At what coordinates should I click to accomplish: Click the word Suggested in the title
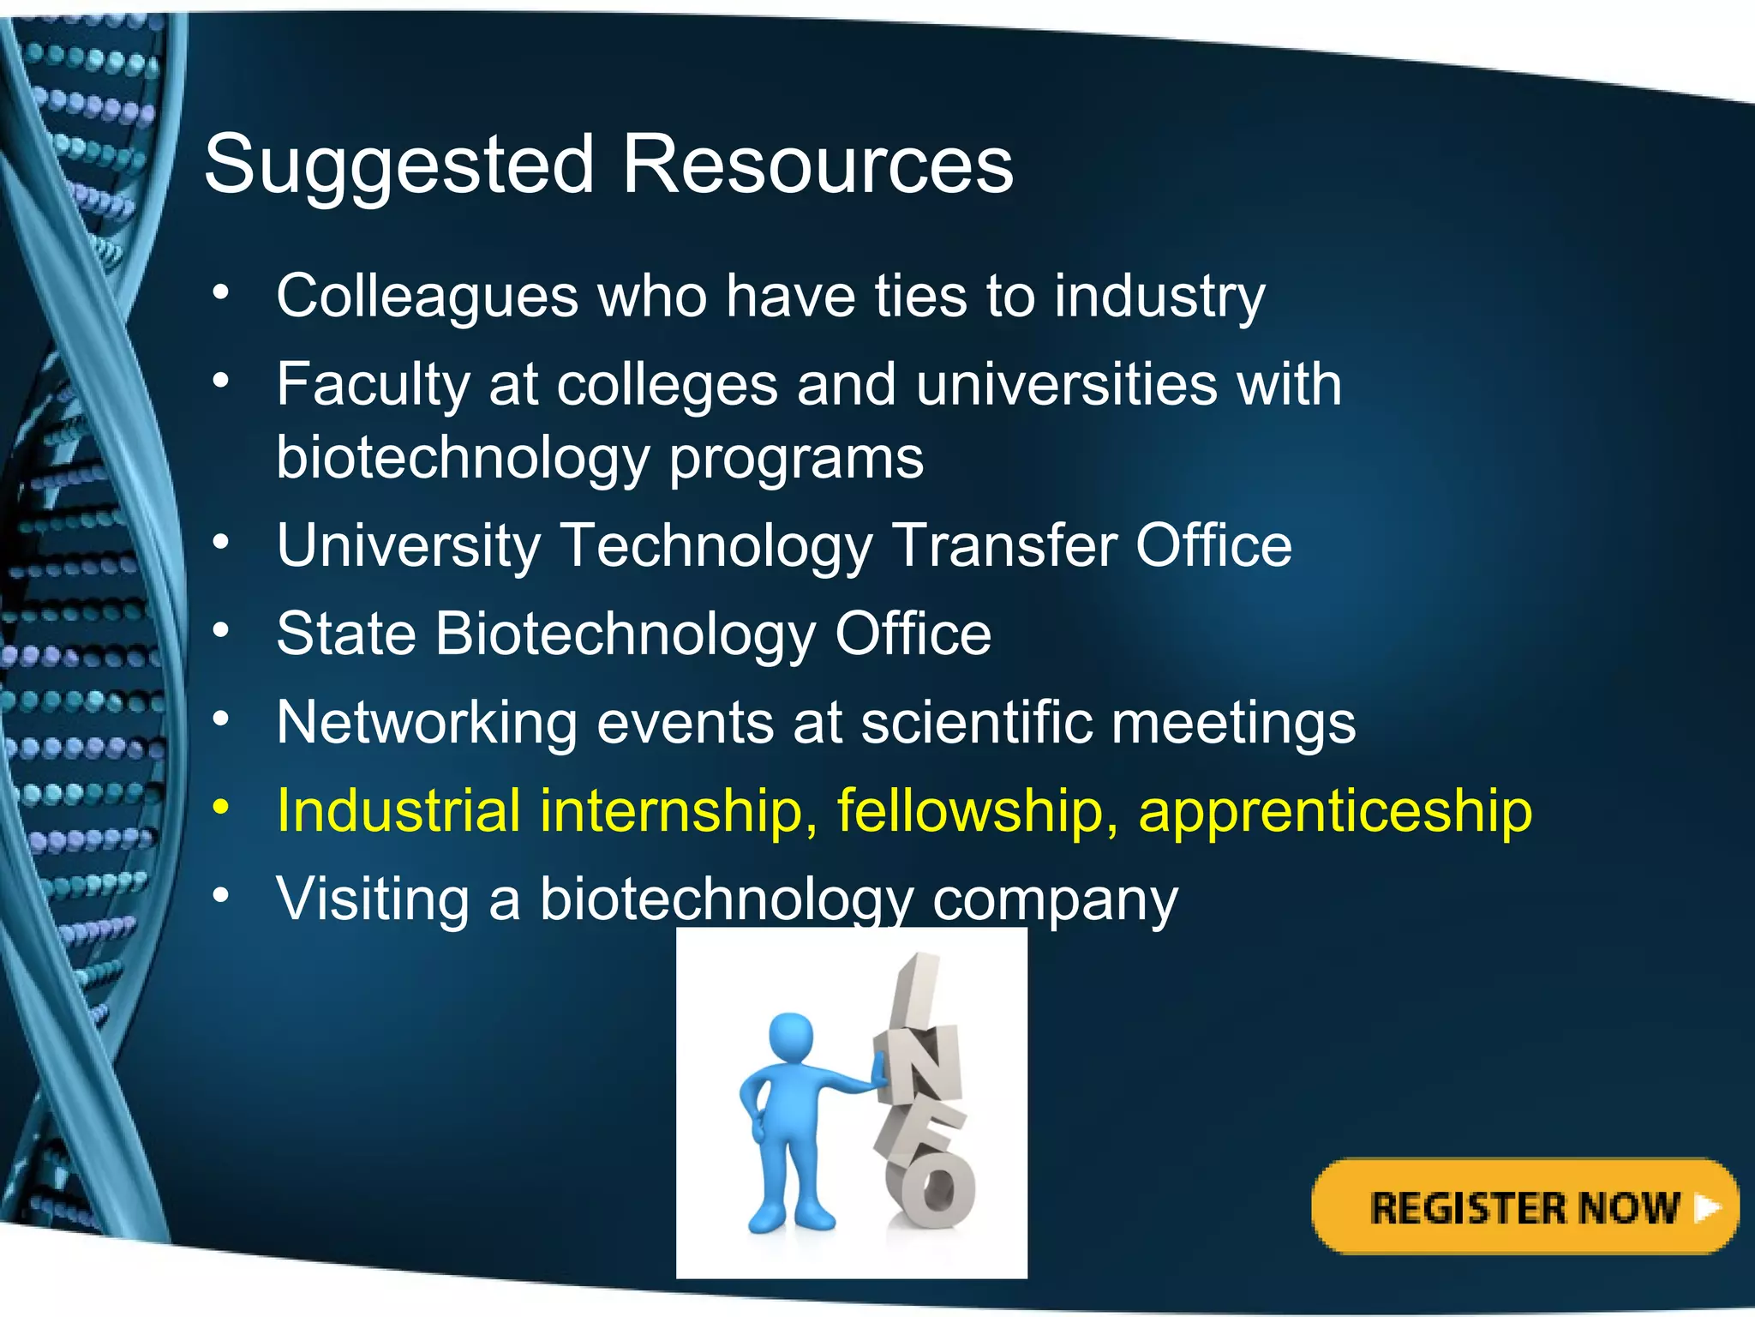(398, 165)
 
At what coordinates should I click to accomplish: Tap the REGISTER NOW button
(1524, 1207)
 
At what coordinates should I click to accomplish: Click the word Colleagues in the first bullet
(428, 297)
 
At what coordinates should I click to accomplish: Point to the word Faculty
(373, 385)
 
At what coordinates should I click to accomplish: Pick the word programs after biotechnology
(796, 459)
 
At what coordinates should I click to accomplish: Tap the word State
(346, 634)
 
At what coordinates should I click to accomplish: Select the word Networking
(427, 723)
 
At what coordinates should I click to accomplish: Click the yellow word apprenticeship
(1335, 811)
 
